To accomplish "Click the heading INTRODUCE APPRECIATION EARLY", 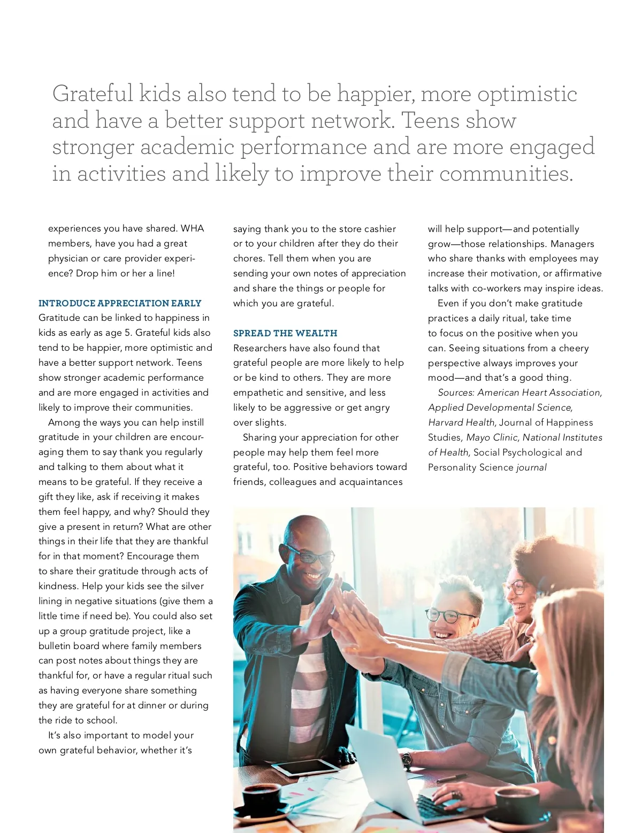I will pos(120,303).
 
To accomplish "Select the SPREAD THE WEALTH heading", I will pos(285,333).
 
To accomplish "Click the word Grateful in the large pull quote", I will pos(93,94).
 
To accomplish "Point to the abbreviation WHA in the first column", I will pos(192,228).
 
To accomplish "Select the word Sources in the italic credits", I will pos(456,392).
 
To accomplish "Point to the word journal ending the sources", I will pos(531,467).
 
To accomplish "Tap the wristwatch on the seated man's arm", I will pos(407,759).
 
